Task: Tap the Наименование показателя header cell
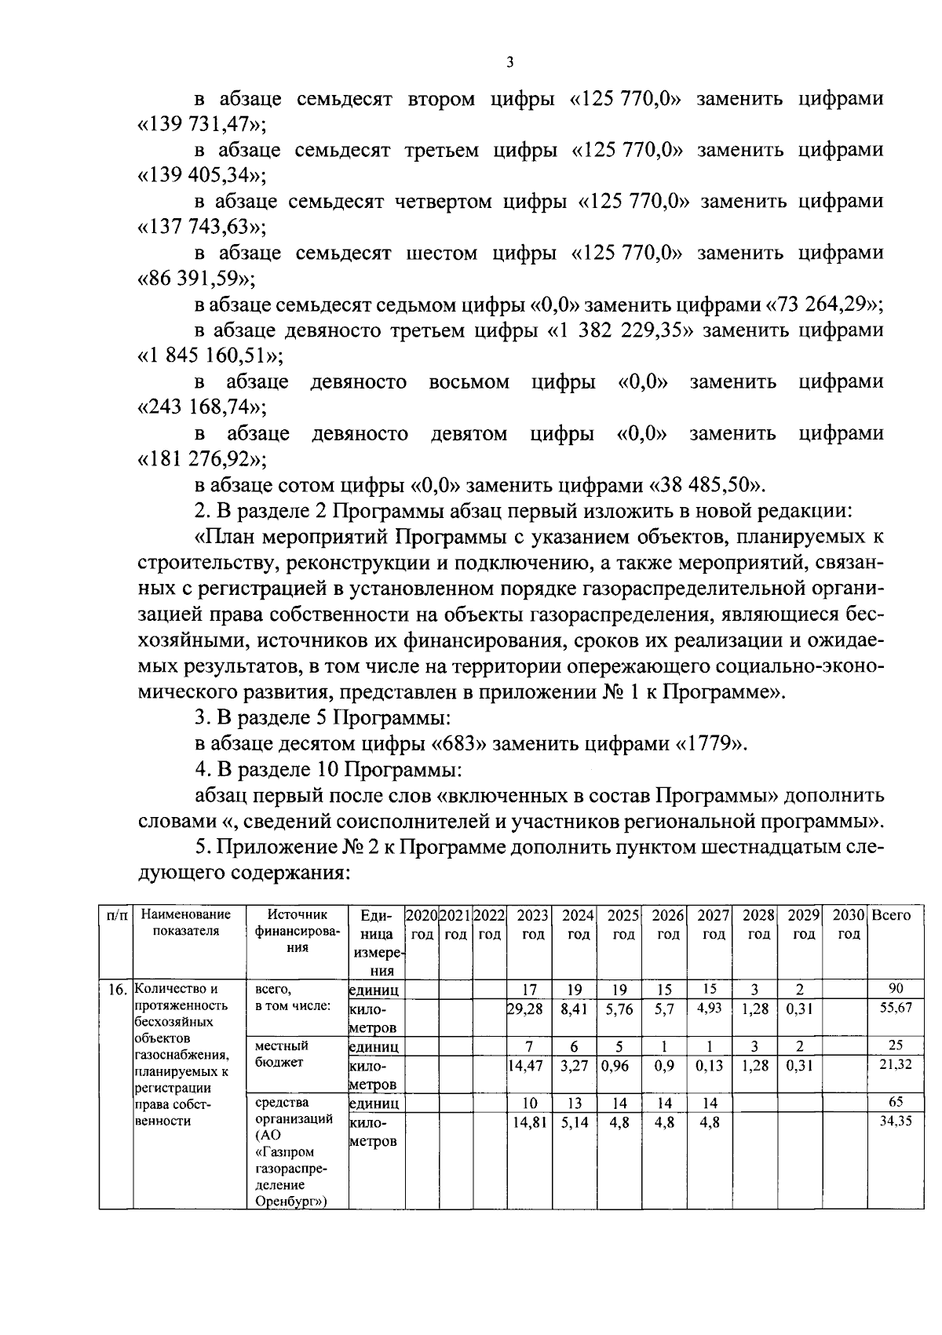click(188, 923)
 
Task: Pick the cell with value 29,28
click(525, 1009)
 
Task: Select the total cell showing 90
click(895, 988)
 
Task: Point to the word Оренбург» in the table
click(290, 1202)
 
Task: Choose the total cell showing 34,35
click(895, 1122)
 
